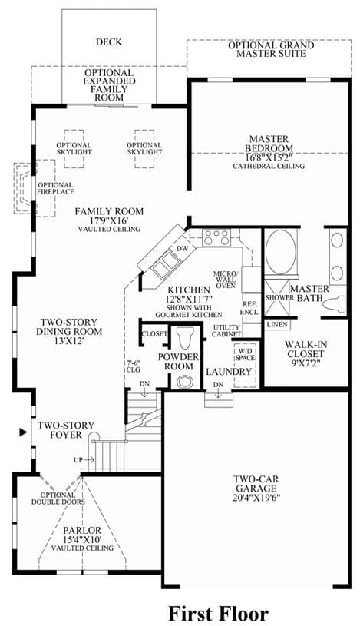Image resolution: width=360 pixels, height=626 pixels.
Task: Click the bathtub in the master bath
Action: pos(281,251)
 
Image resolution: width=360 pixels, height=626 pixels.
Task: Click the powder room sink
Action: pos(185,382)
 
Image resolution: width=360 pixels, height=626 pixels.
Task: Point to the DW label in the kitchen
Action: pos(182,249)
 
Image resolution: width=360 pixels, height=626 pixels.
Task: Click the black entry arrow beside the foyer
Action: pos(23,432)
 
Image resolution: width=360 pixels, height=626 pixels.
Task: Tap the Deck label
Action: pos(109,42)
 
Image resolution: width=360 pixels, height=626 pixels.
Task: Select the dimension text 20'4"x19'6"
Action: pos(257,498)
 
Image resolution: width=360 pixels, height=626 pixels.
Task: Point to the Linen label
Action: pos(277,325)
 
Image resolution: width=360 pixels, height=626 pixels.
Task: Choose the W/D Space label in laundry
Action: pos(245,355)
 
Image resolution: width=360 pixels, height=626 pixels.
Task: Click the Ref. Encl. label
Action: pos(251,307)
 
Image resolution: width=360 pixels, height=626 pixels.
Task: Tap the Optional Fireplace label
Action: pos(56,188)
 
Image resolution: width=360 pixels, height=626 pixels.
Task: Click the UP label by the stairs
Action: pos(78,460)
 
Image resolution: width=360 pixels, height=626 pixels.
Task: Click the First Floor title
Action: pos(219,613)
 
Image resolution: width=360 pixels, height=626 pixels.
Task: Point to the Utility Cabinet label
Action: pos(227,330)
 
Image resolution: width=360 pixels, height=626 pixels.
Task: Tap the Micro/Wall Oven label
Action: pos(226,280)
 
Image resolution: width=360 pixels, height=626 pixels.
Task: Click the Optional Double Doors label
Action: pos(58,498)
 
